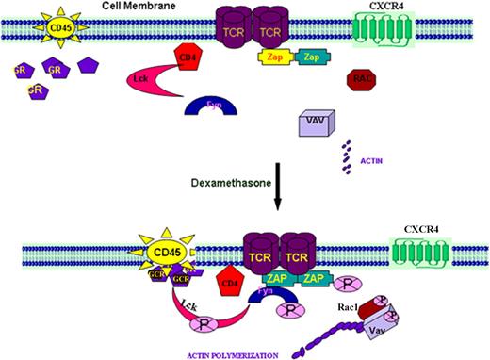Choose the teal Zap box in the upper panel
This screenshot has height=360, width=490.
pyautogui.click(x=311, y=57)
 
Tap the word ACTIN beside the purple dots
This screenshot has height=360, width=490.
pyautogui.click(x=372, y=159)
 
